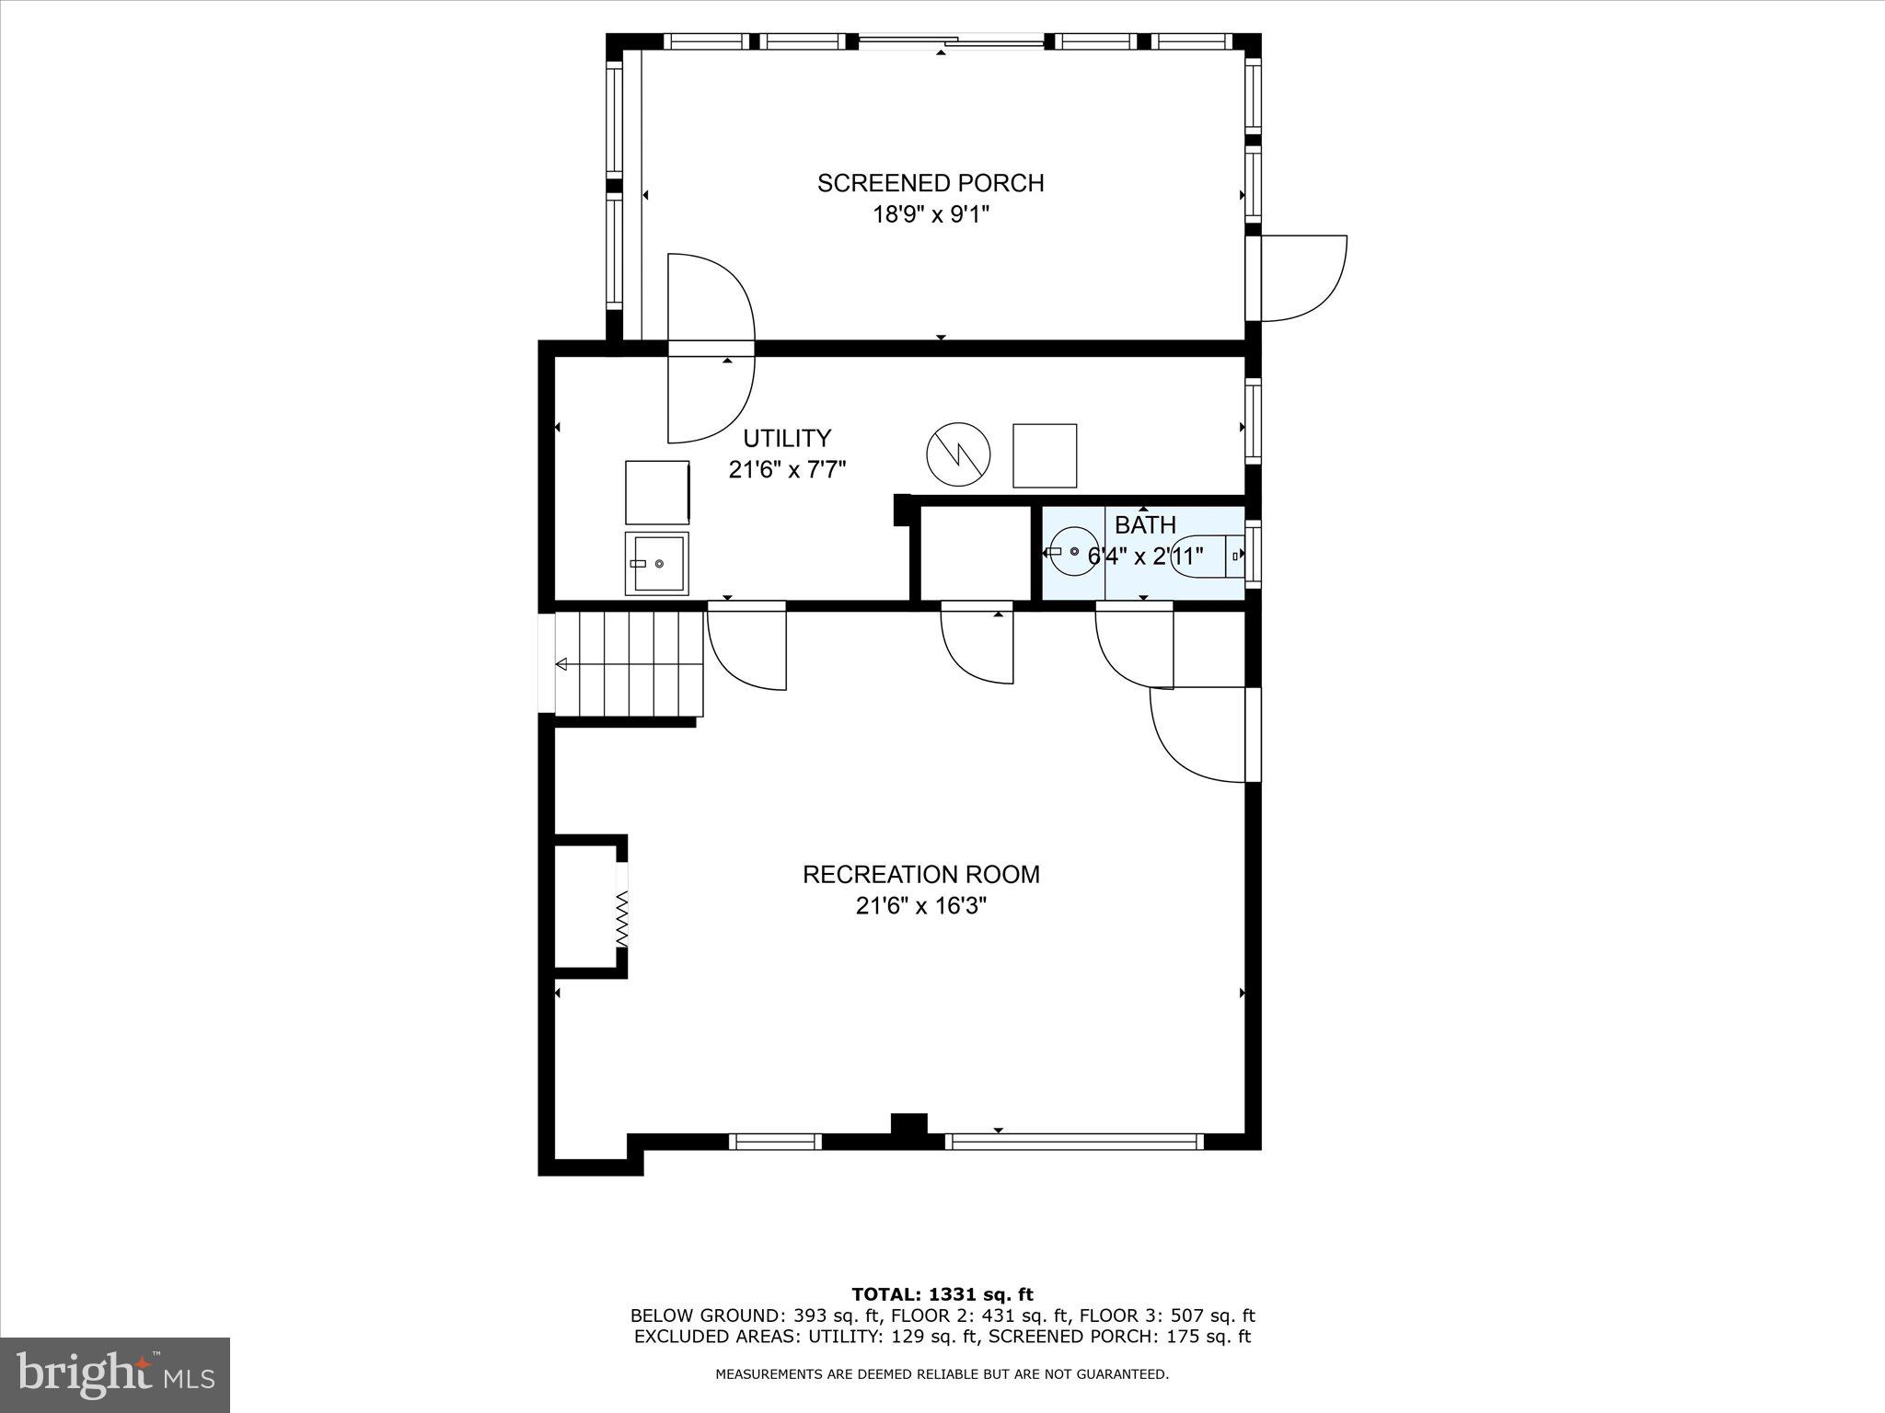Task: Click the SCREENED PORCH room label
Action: (931, 183)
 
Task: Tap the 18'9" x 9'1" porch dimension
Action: (931, 215)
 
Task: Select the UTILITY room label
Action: (787, 438)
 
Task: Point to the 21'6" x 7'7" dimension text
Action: (787, 470)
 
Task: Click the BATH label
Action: (1145, 525)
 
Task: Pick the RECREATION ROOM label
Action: (921, 874)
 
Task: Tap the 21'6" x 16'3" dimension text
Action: (921, 906)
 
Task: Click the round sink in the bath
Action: (1073, 551)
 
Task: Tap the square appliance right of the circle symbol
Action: (1045, 455)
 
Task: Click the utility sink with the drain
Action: (656, 563)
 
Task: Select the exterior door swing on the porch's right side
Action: (1303, 278)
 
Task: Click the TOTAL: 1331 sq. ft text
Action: (942, 1295)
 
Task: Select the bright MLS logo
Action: (115, 1375)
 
